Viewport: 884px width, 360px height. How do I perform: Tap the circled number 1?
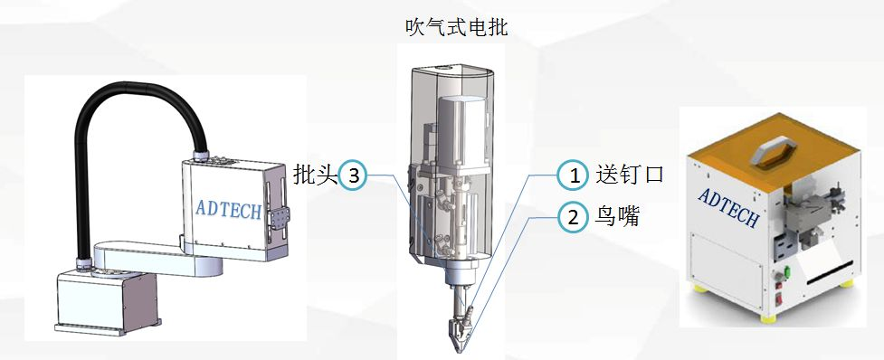[x=574, y=175]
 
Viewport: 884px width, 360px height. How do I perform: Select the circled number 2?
[x=574, y=217]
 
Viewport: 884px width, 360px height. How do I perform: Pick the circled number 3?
[x=354, y=175]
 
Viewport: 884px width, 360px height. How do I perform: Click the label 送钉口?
[x=630, y=175]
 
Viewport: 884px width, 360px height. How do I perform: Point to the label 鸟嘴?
[x=618, y=216]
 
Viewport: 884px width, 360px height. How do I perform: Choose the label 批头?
[x=315, y=175]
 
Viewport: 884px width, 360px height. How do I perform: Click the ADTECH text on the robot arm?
[x=228, y=210]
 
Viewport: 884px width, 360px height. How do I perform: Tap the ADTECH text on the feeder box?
[x=728, y=207]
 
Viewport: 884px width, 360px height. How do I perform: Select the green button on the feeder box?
[x=786, y=274]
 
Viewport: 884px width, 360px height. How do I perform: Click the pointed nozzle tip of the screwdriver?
[x=460, y=350]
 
